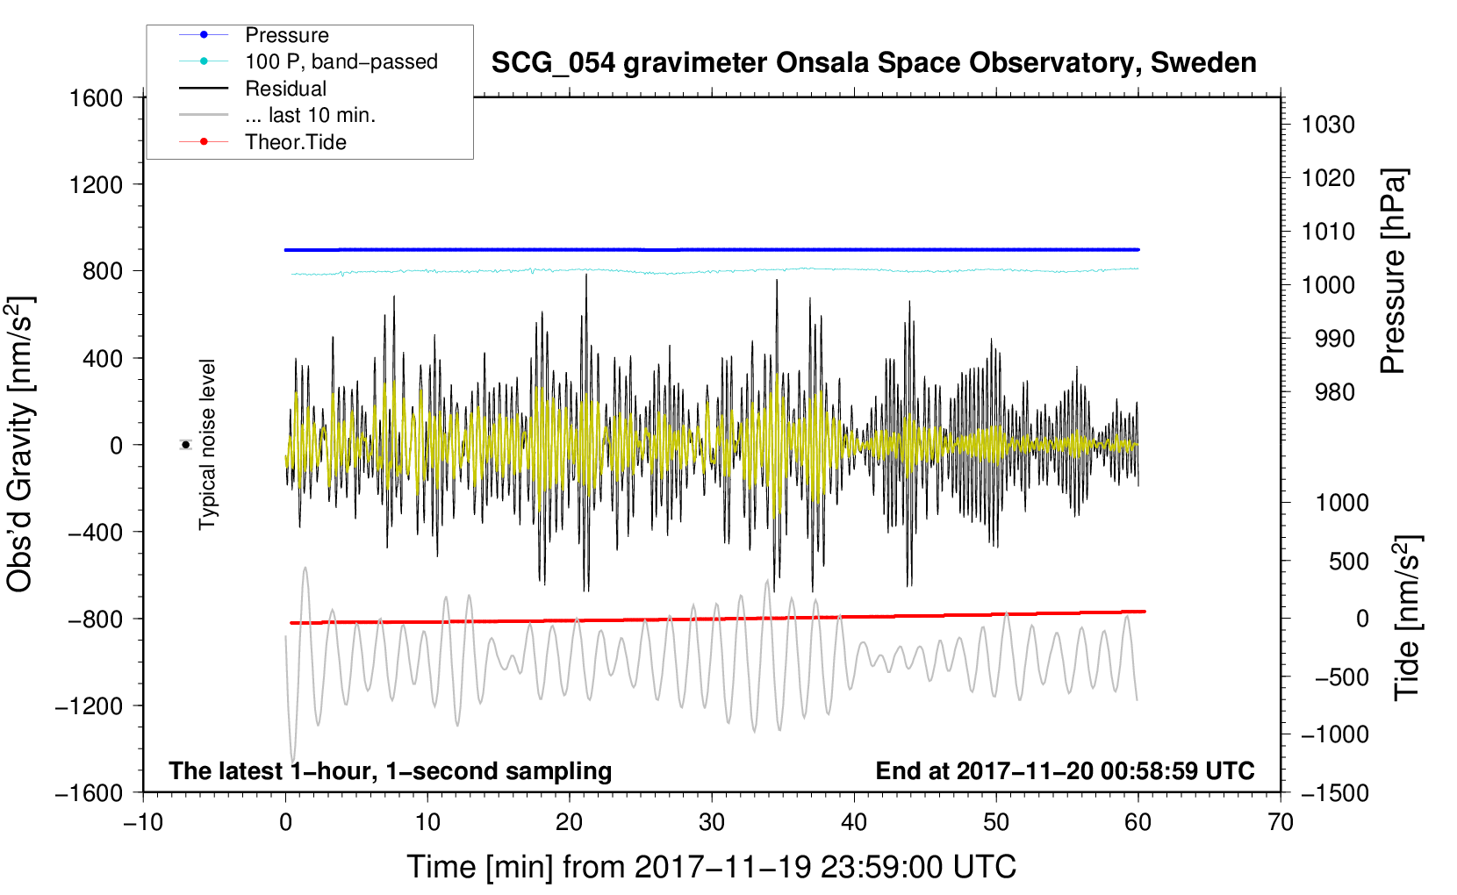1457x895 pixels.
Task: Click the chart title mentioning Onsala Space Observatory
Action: [x=873, y=63]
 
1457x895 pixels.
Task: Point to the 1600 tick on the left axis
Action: [x=96, y=98]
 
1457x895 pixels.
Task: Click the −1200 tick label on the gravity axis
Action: [x=89, y=705]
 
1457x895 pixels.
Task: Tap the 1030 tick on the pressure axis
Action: [x=1328, y=125]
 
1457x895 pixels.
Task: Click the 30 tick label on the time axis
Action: [x=712, y=823]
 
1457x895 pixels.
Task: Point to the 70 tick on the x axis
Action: [x=1280, y=823]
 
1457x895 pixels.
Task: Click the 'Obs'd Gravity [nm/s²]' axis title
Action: [x=21, y=445]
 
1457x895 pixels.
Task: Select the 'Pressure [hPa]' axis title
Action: [x=1393, y=271]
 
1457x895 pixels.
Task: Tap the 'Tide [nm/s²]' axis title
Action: [x=1408, y=618]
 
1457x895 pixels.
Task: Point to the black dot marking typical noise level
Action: [x=186, y=445]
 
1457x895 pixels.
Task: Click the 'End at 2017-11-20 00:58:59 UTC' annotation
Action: [x=1065, y=770]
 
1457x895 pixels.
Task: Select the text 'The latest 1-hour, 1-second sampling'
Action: [x=391, y=771]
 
